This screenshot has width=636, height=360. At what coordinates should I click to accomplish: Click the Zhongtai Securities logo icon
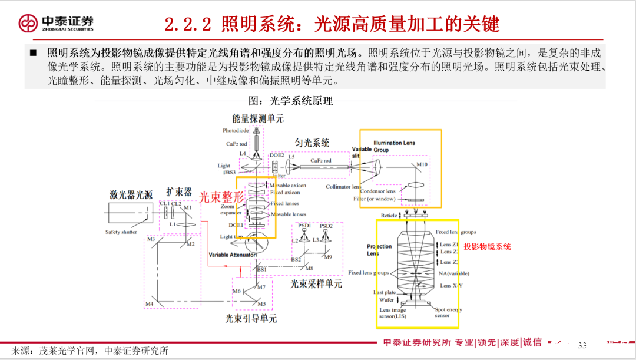(27, 24)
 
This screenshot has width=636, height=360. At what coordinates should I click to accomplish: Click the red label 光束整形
(221, 197)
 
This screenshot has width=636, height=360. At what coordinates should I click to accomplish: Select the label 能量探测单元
(257, 118)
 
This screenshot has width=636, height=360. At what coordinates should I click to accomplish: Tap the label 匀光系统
(312, 143)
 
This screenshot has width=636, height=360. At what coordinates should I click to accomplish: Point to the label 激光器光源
(131, 194)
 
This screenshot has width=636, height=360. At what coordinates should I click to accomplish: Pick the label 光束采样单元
(316, 283)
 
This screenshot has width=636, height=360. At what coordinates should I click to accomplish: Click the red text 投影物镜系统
(487, 247)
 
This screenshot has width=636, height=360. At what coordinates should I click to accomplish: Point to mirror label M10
(422, 164)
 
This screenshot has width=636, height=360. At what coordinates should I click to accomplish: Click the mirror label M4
(150, 304)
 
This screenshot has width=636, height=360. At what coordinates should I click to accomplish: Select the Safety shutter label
(121, 232)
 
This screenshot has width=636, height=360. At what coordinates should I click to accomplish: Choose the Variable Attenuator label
(232, 255)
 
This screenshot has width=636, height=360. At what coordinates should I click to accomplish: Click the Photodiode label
(236, 130)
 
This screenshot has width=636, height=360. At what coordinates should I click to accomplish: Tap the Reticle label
(389, 216)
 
